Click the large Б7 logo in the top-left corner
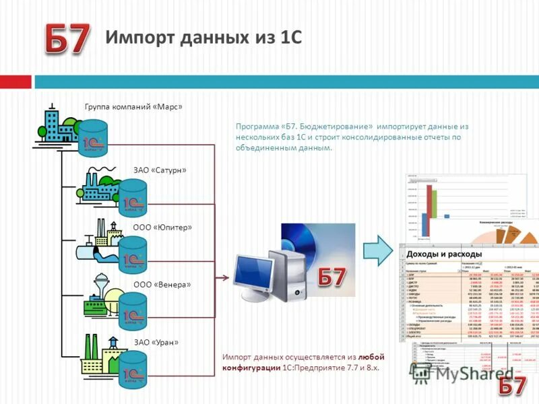[67, 40]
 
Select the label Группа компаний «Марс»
[133, 106]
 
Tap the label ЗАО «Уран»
[157, 342]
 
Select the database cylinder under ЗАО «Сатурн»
[132, 197]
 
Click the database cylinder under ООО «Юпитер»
[132, 255]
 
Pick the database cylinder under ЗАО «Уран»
[132, 369]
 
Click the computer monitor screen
[253, 273]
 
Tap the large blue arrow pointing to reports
[377, 251]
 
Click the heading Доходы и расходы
[444, 253]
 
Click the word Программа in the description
[257, 126]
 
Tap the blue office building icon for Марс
[53, 127]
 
